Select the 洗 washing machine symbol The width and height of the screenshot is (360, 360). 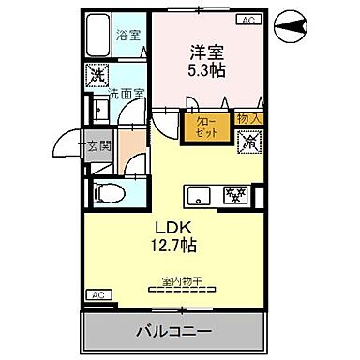coord(97,75)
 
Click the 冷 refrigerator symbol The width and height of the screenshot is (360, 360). coord(250,142)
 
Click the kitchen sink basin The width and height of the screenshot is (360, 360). coord(199,196)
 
